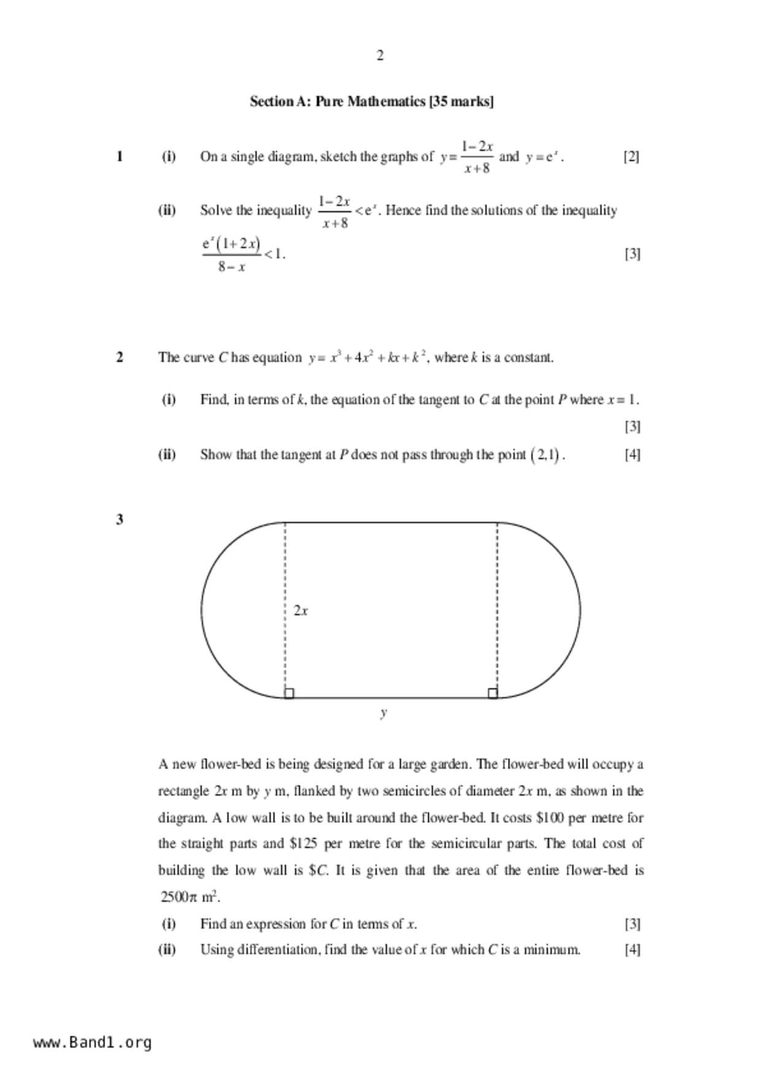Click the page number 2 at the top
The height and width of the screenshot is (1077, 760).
pyautogui.click(x=380, y=56)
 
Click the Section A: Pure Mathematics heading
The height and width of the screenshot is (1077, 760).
pyautogui.click(x=371, y=101)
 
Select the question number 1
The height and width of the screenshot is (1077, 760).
pyautogui.click(x=120, y=157)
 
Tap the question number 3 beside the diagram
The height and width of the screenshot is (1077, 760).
pyautogui.click(x=120, y=519)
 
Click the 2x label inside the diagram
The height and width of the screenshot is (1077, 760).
pyautogui.click(x=301, y=611)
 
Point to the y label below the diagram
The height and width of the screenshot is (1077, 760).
pyautogui.click(x=383, y=712)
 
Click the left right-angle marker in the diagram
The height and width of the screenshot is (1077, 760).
pyautogui.click(x=290, y=693)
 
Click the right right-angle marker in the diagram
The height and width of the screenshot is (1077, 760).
pyautogui.click(x=493, y=693)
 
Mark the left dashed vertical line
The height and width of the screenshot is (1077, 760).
pyautogui.click(x=285, y=608)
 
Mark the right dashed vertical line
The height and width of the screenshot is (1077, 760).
pyautogui.click(x=497, y=608)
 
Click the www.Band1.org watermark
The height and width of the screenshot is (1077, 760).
pyautogui.click(x=92, y=1043)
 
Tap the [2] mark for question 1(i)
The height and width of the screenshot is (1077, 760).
pyautogui.click(x=631, y=157)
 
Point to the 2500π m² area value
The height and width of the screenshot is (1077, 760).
pyautogui.click(x=190, y=897)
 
